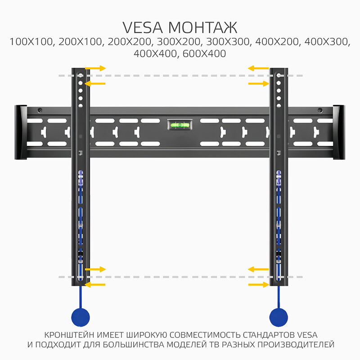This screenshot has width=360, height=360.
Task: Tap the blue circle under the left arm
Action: click(x=81, y=317)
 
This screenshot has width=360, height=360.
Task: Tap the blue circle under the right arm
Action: click(x=279, y=317)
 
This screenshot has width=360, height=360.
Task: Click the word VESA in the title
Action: click(x=145, y=27)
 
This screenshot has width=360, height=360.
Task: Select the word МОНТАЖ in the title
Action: click(x=203, y=27)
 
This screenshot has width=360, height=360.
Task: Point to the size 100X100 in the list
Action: click(x=29, y=42)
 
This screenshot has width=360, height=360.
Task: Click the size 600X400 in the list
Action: click(x=204, y=54)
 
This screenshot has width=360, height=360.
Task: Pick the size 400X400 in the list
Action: click(x=155, y=54)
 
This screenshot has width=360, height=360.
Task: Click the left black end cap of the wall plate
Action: click(x=21, y=133)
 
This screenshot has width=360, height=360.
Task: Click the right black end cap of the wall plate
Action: click(x=339, y=133)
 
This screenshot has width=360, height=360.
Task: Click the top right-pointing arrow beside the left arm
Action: click(x=95, y=68)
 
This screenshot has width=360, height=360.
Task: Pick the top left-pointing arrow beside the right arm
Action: click(x=258, y=68)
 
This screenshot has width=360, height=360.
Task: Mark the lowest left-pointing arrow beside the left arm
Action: click(x=95, y=284)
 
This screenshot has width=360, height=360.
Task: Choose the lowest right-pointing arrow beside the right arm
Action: click(x=258, y=284)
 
